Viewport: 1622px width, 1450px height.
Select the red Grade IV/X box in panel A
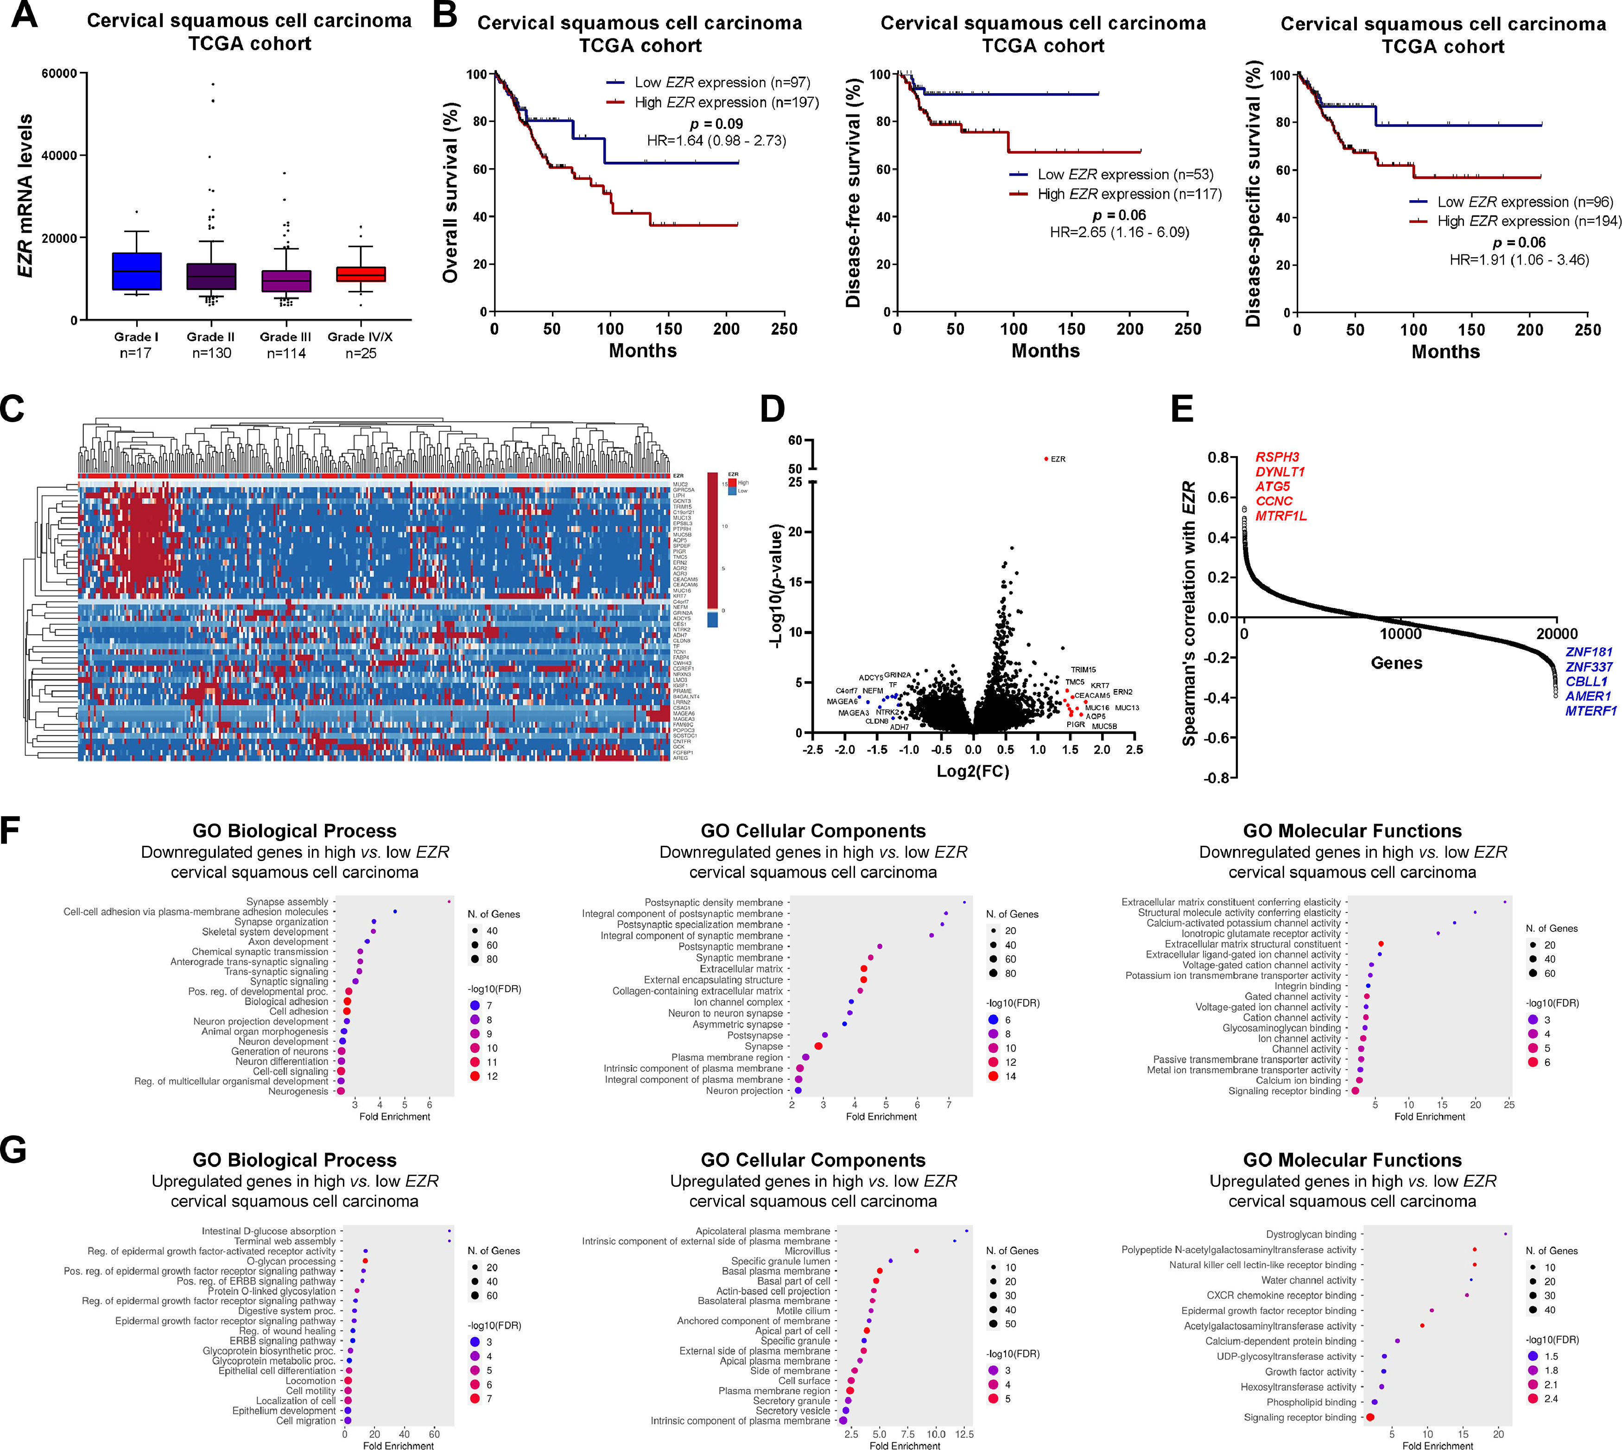[x=360, y=273]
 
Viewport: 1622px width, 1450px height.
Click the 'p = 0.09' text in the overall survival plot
[x=716, y=123]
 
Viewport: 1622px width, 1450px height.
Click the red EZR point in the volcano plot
[x=1046, y=458]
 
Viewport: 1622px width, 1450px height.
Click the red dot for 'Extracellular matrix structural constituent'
[x=1381, y=944]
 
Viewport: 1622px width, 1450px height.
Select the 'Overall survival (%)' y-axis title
[x=451, y=192]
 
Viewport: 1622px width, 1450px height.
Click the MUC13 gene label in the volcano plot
[x=1127, y=708]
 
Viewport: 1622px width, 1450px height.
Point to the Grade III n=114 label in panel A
[x=285, y=344]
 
